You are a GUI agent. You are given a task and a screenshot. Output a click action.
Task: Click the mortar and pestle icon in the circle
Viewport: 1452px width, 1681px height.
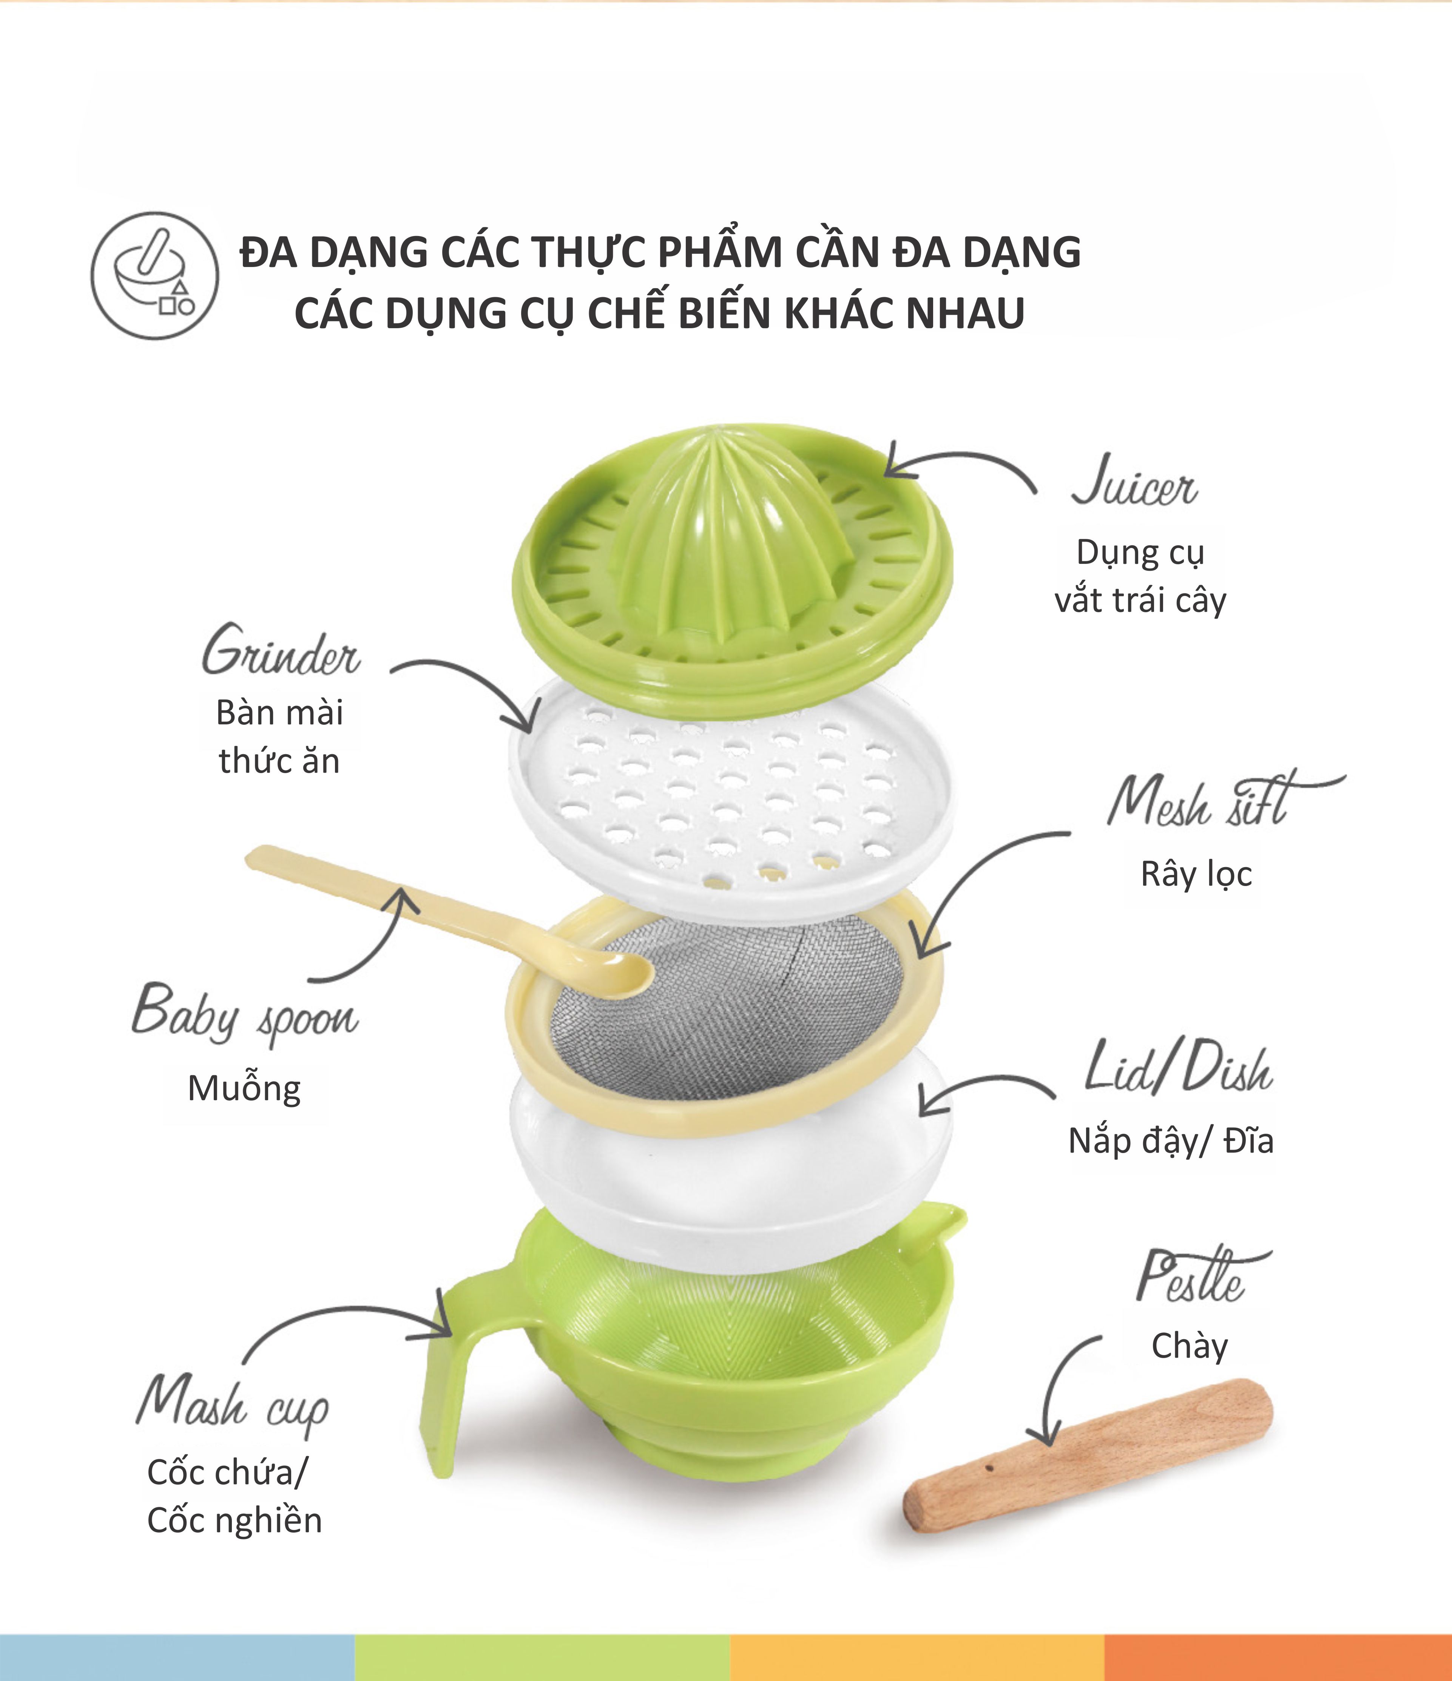coord(154,276)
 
